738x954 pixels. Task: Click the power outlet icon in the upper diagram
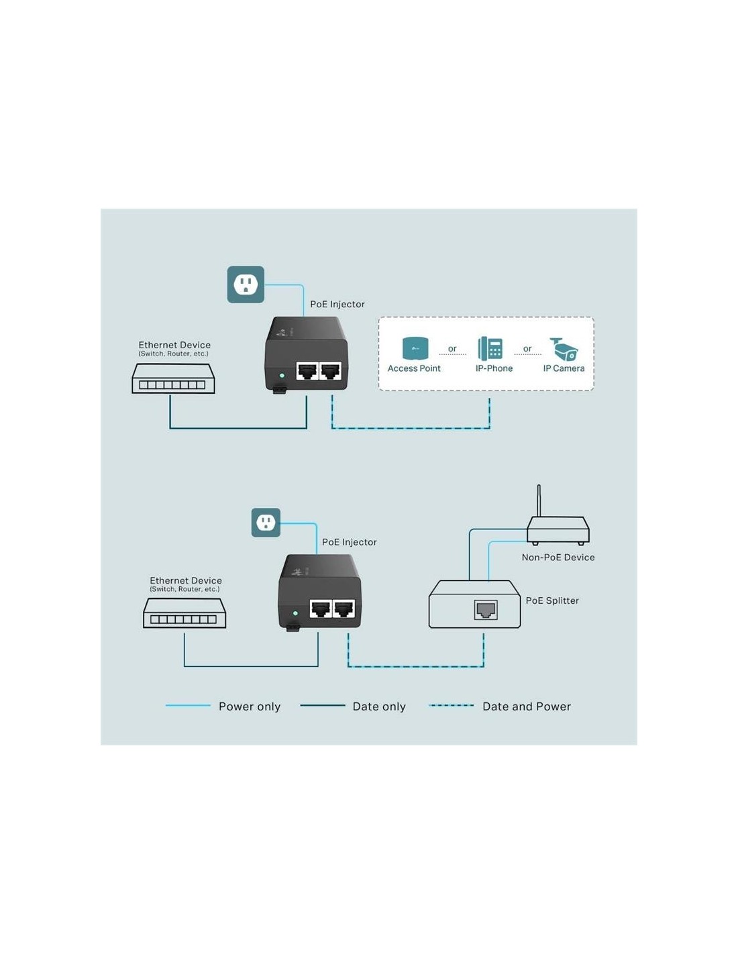(246, 284)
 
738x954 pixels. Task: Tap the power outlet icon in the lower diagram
(266, 522)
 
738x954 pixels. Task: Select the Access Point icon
(415, 349)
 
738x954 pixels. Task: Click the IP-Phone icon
(490, 349)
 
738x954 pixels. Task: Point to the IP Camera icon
(564, 349)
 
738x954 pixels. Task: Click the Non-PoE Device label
(558, 558)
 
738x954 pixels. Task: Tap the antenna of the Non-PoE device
(539, 500)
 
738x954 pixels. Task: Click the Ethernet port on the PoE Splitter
(486, 610)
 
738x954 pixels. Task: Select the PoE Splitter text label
(552, 600)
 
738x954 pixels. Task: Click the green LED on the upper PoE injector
(282, 376)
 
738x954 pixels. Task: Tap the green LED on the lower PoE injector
(295, 613)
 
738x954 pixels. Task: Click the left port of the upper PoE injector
(307, 370)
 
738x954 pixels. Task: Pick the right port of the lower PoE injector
(344, 608)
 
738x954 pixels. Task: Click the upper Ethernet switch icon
(173, 379)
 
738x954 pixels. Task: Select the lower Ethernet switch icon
(184, 613)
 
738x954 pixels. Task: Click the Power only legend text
(250, 706)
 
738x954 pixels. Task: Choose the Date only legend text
(379, 706)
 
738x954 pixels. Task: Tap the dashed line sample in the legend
(452, 706)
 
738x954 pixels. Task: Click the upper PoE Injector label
(337, 305)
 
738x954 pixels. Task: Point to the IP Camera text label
(564, 368)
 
